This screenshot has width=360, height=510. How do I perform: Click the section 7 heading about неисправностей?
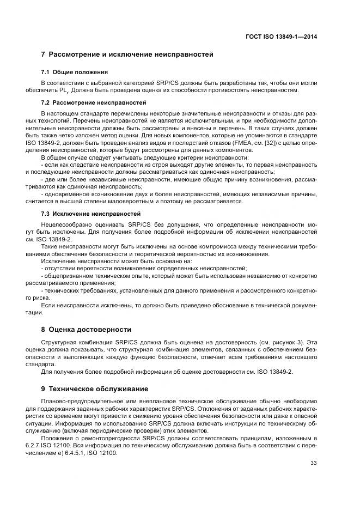(127, 54)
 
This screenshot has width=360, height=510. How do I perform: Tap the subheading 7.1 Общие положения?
(74, 72)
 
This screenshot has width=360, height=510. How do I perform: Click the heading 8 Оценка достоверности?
(86, 329)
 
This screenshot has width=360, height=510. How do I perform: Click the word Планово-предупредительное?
(77, 402)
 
